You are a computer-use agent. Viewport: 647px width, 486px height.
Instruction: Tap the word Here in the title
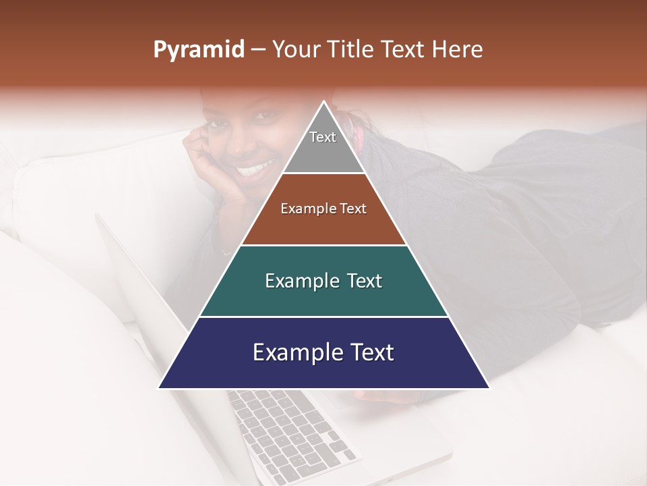pyautogui.click(x=459, y=50)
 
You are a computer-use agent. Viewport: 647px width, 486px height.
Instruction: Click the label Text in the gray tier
pyautogui.click(x=323, y=137)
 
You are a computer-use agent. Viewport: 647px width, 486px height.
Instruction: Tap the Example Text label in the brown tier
pyautogui.click(x=323, y=209)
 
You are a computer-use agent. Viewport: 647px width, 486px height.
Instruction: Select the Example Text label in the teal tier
pyautogui.click(x=323, y=281)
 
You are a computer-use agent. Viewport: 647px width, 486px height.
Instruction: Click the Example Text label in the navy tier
pyautogui.click(x=323, y=352)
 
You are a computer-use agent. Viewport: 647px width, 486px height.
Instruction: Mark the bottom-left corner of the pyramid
pyautogui.click(x=159, y=387)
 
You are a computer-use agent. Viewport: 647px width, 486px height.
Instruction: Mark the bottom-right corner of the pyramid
pyautogui.click(x=489, y=387)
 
